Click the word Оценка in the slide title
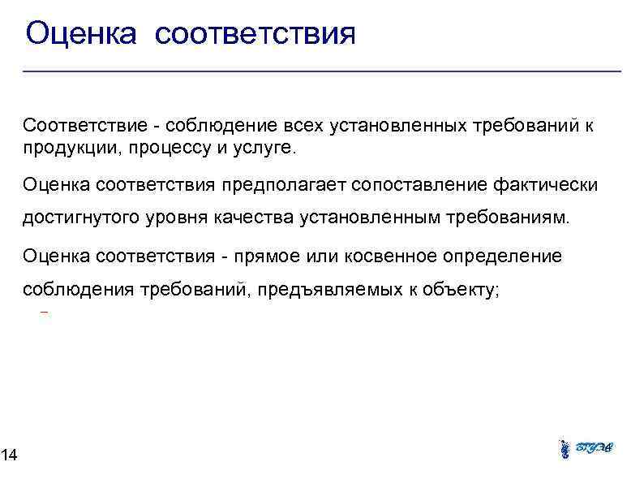(79, 34)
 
